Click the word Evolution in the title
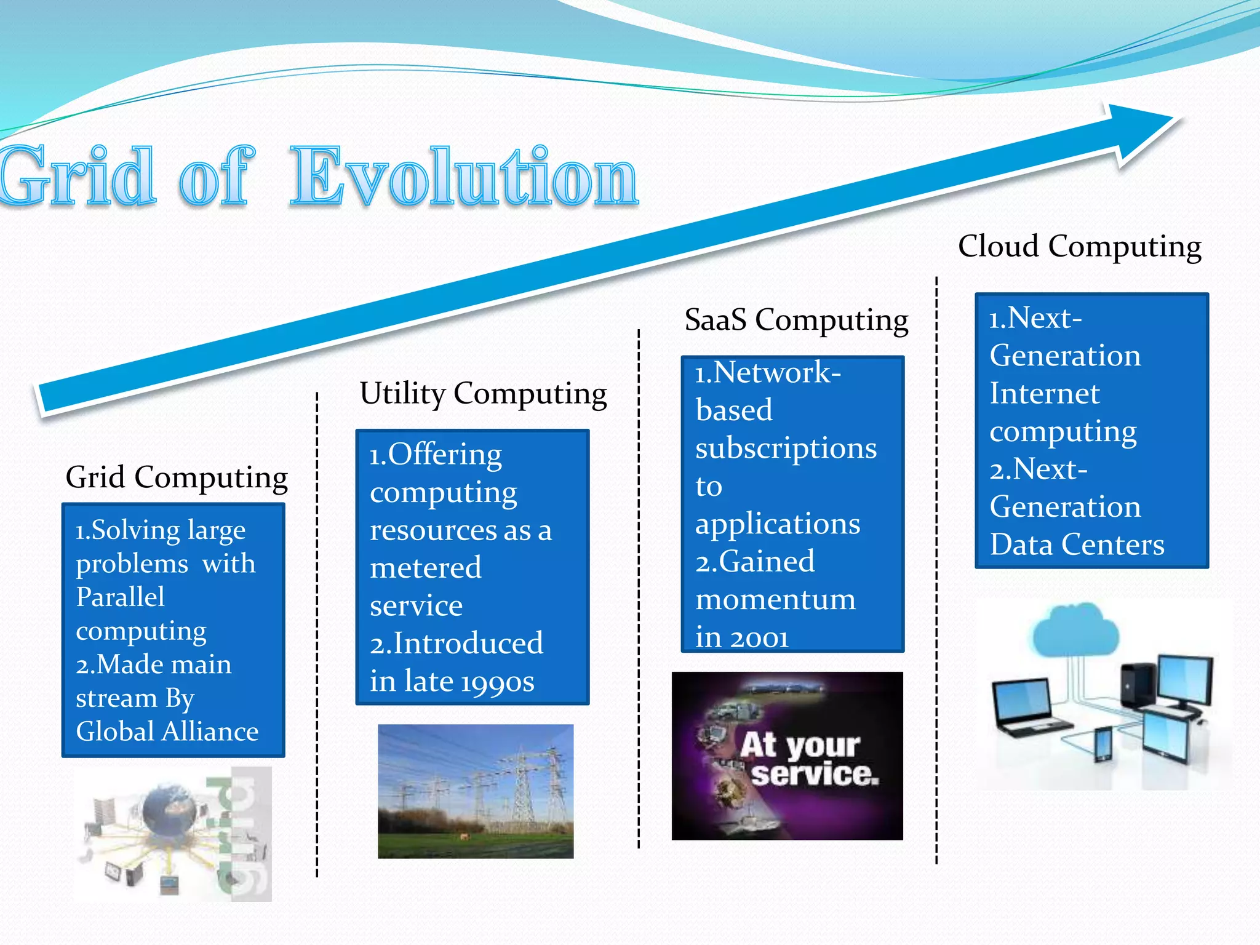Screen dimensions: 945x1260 tap(465, 177)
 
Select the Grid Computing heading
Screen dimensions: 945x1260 tap(177, 477)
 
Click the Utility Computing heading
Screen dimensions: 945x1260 tap(483, 394)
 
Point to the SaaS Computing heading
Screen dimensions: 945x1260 tap(796, 321)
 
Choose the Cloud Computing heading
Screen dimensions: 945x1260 tap(1079, 247)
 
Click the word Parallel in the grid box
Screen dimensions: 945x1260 tap(120, 597)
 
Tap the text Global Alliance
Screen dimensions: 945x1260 tap(167, 732)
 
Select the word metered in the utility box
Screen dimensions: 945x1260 tap(426, 568)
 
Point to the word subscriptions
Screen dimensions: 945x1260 tap(786, 449)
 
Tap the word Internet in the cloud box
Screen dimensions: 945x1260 tap(1044, 394)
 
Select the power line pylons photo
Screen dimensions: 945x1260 tap(476, 791)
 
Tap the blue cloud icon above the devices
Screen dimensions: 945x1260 tap(1075, 631)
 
